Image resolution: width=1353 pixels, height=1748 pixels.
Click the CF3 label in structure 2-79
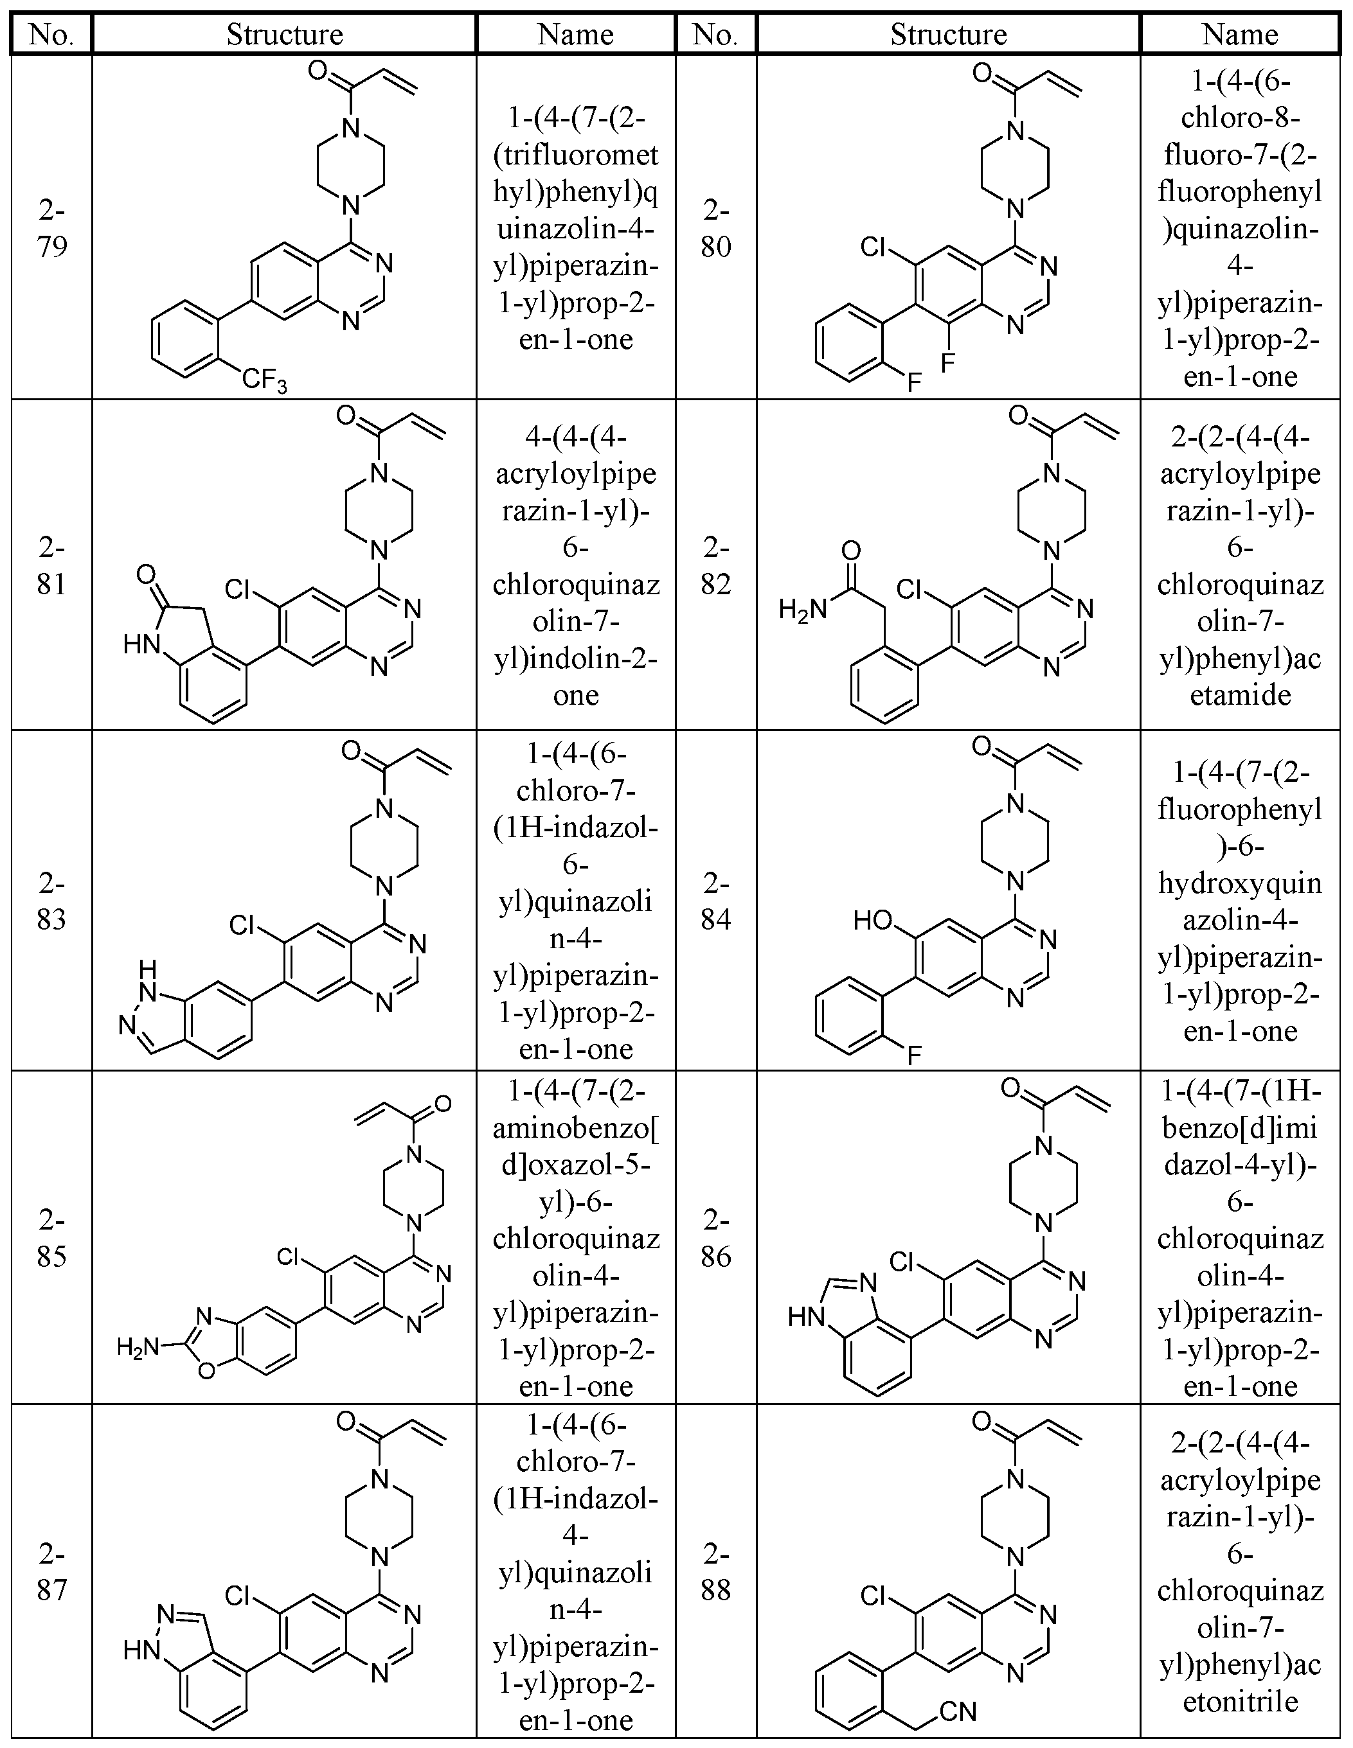264,380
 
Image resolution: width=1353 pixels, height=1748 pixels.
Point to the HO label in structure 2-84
873,921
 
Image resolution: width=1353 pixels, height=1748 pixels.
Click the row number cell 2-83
51,901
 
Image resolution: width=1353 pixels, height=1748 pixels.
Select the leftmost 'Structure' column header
284,35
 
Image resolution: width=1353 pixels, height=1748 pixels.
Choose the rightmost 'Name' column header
1239,35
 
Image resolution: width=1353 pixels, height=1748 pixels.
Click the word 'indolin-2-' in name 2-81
576,658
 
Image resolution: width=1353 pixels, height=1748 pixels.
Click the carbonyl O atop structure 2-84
982,746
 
